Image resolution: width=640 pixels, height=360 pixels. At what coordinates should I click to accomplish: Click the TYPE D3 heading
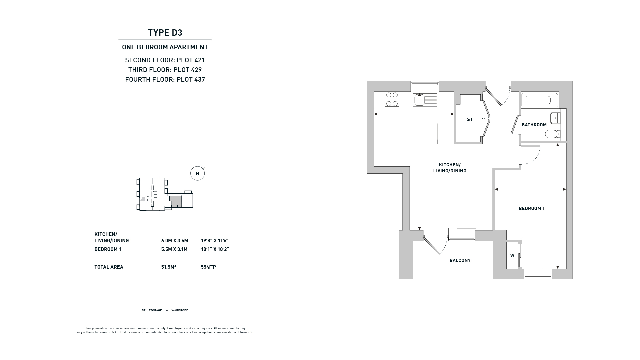(165, 33)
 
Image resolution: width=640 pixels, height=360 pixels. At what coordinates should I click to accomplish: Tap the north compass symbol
(197, 173)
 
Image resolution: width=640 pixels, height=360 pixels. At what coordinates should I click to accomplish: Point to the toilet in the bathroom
(553, 134)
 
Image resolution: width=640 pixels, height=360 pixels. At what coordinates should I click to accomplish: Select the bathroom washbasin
(555, 118)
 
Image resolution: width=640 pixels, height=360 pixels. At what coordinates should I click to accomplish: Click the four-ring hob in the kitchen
(392, 99)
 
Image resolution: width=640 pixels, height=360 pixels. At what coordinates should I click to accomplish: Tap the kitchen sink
(425, 100)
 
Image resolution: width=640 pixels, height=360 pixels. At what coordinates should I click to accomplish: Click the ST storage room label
(470, 119)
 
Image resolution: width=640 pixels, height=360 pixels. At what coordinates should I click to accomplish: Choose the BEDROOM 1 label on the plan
(531, 208)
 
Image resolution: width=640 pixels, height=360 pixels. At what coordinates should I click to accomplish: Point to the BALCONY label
(460, 260)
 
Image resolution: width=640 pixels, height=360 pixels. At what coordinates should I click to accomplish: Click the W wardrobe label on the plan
(512, 255)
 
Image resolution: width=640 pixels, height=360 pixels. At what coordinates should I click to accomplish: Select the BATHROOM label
(534, 125)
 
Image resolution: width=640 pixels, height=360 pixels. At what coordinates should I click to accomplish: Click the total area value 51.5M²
(168, 267)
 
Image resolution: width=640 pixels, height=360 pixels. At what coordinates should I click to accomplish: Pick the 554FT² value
(209, 267)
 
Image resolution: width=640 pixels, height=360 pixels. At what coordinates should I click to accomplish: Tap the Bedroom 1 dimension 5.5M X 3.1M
(174, 249)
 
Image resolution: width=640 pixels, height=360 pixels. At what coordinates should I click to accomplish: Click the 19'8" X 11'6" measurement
(215, 240)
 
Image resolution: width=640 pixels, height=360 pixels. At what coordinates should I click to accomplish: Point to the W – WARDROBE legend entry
(177, 310)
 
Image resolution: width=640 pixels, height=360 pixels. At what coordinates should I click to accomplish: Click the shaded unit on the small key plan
(176, 201)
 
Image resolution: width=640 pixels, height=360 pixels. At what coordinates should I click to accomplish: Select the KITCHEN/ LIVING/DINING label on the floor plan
(450, 168)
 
